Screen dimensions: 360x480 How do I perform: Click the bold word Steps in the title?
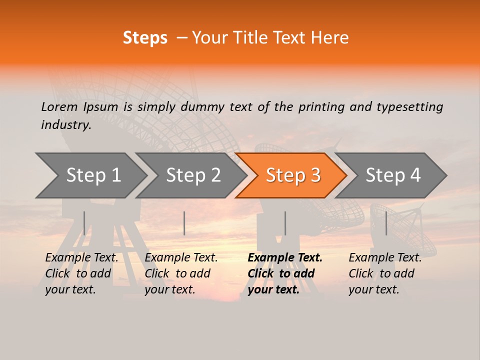pyautogui.click(x=145, y=38)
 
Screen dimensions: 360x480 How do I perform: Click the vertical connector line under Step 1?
pyautogui.click(x=84, y=223)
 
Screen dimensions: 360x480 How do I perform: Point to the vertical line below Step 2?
pyautogui.click(x=184, y=223)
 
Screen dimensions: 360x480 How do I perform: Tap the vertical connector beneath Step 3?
pyautogui.click(x=285, y=223)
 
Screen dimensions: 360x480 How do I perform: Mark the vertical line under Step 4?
pyautogui.click(x=386, y=223)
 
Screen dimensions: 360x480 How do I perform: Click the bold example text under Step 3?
pyautogui.click(x=284, y=273)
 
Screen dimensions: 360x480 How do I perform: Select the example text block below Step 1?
pyautogui.click(x=81, y=273)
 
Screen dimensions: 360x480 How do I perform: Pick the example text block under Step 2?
pyautogui.click(x=180, y=273)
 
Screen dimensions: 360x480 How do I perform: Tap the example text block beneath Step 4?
pyautogui.click(x=384, y=273)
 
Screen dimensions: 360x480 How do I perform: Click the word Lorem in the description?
pyautogui.click(x=59, y=107)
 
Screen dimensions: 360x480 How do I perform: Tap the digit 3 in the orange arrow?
pyautogui.click(x=315, y=175)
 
